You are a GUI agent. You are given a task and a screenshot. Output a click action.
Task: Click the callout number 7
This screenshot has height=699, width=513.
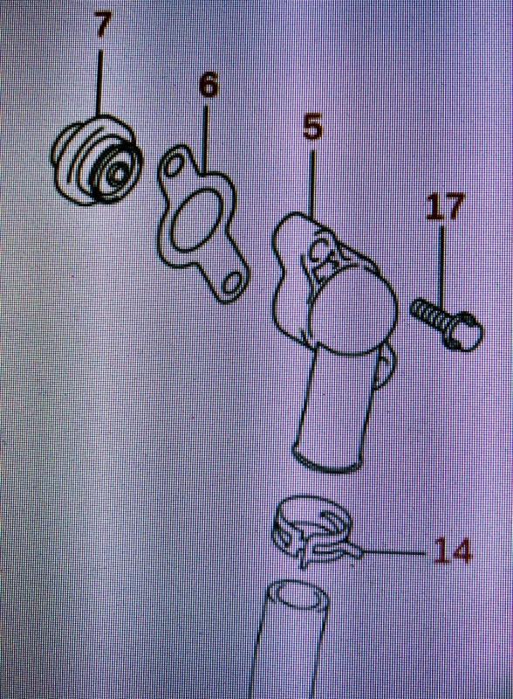[102, 25]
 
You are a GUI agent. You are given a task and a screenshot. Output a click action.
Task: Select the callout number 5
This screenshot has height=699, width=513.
[312, 127]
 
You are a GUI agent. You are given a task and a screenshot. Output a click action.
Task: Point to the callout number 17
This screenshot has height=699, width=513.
[446, 206]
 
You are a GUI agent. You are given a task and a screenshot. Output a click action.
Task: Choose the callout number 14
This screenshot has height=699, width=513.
[452, 551]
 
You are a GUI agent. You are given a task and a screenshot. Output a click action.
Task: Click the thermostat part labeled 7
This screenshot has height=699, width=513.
[98, 162]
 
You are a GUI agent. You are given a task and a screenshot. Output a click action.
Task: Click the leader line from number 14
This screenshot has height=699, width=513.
[393, 553]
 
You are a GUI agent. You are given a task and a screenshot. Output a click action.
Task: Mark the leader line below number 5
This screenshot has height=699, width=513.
[312, 183]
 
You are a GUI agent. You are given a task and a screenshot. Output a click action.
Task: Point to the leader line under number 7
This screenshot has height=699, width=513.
[99, 83]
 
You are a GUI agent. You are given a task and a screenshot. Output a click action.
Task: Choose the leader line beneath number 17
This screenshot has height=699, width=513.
[442, 266]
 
